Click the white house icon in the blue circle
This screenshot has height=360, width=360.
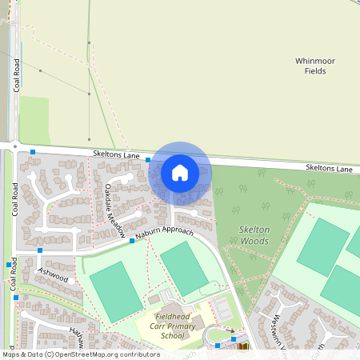pos(180,172)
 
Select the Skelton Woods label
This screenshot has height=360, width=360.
pos(255,234)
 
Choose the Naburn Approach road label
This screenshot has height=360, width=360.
pos(164,231)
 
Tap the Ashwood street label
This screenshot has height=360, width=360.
pos(54,274)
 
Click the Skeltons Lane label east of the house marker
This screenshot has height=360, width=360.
pos(328,169)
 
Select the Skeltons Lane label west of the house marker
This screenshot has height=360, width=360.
pos(115,155)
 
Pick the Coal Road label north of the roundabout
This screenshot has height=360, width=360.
pos(17,76)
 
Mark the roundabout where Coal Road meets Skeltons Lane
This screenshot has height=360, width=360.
pos(14,146)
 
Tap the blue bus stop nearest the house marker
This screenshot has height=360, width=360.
pos(148,160)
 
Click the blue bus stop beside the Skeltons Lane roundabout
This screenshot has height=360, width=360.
pos(33,151)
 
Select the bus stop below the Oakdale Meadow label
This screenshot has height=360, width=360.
pos(132,240)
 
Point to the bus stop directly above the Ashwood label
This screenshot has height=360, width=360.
pos(40,250)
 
